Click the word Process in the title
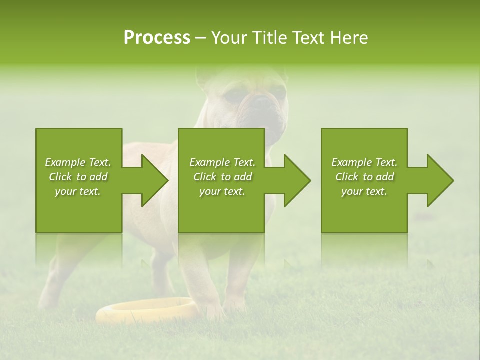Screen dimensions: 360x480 click(x=157, y=38)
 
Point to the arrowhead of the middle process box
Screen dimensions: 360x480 click(x=296, y=180)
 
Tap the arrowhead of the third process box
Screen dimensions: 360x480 click(x=439, y=180)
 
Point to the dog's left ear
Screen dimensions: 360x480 click(x=205, y=77)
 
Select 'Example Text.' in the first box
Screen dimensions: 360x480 click(x=78, y=162)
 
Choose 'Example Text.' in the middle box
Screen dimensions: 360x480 click(x=222, y=162)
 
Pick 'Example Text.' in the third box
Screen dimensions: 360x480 click(x=364, y=162)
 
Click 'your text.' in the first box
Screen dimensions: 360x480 click(x=78, y=192)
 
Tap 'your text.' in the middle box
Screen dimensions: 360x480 click(x=222, y=192)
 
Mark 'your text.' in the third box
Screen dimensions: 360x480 click(x=364, y=192)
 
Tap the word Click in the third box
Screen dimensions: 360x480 click(x=347, y=177)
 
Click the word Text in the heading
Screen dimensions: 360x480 click(x=307, y=38)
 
